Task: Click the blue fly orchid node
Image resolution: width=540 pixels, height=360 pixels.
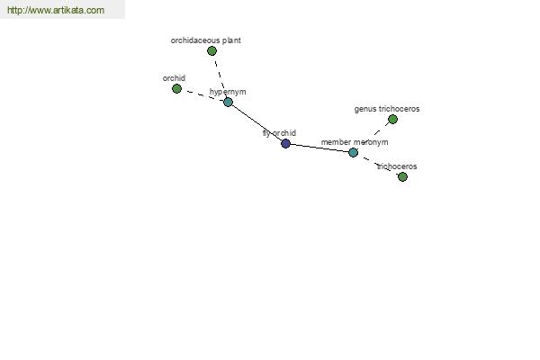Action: click(285, 143)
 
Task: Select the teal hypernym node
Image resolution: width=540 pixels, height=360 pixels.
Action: click(228, 102)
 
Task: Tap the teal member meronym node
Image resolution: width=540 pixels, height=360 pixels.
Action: click(353, 152)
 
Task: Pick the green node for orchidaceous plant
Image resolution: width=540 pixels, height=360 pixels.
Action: click(211, 51)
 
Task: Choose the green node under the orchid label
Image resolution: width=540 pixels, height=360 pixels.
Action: click(176, 88)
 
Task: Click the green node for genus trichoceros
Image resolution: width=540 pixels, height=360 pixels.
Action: click(392, 119)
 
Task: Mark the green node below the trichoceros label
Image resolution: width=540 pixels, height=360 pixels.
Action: click(402, 176)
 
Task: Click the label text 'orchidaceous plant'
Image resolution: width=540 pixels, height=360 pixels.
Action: click(205, 40)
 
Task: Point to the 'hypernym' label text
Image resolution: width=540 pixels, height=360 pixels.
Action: click(228, 92)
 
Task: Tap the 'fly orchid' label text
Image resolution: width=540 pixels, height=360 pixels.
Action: click(279, 133)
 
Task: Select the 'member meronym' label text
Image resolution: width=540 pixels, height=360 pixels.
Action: click(355, 142)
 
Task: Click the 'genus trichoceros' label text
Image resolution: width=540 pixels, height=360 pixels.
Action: click(387, 109)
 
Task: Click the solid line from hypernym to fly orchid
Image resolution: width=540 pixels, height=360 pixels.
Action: click(256, 122)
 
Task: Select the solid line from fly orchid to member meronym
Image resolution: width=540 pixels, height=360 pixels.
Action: click(319, 148)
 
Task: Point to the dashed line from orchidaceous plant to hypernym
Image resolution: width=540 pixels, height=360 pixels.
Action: click(220, 76)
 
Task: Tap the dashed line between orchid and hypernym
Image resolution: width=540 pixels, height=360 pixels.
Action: click(202, 95)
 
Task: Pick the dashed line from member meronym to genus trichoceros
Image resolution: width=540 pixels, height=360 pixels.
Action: click(373, 136)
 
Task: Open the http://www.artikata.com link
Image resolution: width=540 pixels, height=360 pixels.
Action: click(56, 10)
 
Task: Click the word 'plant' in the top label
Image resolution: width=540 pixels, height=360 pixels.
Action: click(231, 40)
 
